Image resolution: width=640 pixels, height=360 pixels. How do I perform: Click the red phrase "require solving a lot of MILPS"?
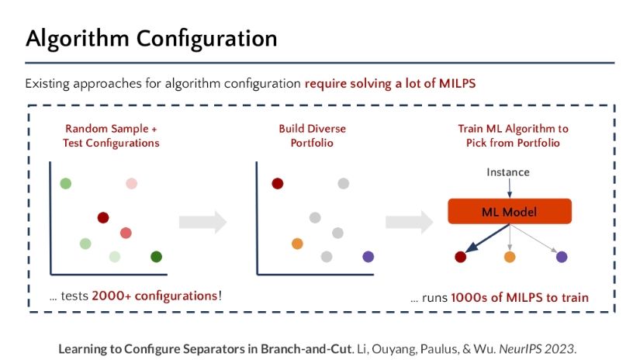click(x=396, y=83)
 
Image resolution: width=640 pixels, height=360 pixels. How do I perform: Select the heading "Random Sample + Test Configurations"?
click(x=111, y=136)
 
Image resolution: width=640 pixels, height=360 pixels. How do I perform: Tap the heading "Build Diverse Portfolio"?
click(x=313, y=136)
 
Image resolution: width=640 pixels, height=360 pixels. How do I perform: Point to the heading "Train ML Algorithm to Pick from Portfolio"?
click(x=508, y=136)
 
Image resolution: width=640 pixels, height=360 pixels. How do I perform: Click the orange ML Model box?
click(x=509, y=212)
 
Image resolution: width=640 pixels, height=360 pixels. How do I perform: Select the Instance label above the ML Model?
click(x=508, y=171)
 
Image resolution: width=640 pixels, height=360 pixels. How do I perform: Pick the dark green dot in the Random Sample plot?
click(x=156, y=257)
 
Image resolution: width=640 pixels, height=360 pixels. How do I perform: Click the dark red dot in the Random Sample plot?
click(x=103, y=218)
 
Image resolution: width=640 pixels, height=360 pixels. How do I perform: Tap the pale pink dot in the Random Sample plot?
click(x=132, y=184)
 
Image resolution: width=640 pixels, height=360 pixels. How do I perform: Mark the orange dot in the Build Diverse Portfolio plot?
click(x=296, y=244)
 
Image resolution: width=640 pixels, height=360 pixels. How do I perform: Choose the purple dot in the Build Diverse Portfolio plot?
click(x=368, y=256)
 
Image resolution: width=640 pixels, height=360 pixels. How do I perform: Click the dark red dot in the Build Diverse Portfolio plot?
click(x=277, y=184)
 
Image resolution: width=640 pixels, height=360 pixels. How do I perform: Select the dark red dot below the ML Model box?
click(x=460, y=256)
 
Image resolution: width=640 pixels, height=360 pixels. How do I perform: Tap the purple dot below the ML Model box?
click(x=562, y=256)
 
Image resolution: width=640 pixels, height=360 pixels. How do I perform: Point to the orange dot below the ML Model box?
click(x=510, y=256)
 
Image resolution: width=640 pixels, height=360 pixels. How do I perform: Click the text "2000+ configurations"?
click(x=154, y=296)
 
